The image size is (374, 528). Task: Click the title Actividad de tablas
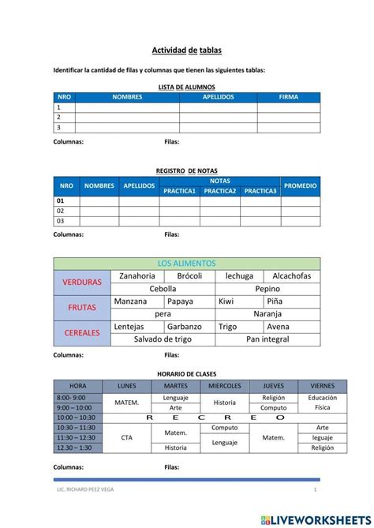tap(187, 50)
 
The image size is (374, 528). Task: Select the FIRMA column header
tap(289, 97)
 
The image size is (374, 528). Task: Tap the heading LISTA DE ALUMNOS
tap(187, 87)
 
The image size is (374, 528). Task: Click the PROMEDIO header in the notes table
tap(301, 185)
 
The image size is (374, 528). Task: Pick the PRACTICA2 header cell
tap(220, 191)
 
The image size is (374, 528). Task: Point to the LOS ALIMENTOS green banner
tap(187, 264)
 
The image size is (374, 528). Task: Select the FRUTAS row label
tap(82, 307)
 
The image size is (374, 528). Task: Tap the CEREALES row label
tap(82, 333)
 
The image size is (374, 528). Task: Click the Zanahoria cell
tap(137, 276)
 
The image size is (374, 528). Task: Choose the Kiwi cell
tap(226, 301)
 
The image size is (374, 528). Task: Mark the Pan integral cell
tap(267, 339)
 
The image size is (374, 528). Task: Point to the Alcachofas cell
tap(292, 276)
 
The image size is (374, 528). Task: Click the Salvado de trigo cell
tap(163, 339)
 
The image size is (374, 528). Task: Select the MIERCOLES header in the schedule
tap(225, 386)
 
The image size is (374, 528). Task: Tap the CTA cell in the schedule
tap(126, 437)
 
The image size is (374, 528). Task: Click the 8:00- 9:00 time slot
tap(71, 398)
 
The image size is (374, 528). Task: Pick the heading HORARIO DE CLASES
tap(187, 373)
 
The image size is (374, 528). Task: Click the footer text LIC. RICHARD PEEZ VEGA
tap(85, 491)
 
